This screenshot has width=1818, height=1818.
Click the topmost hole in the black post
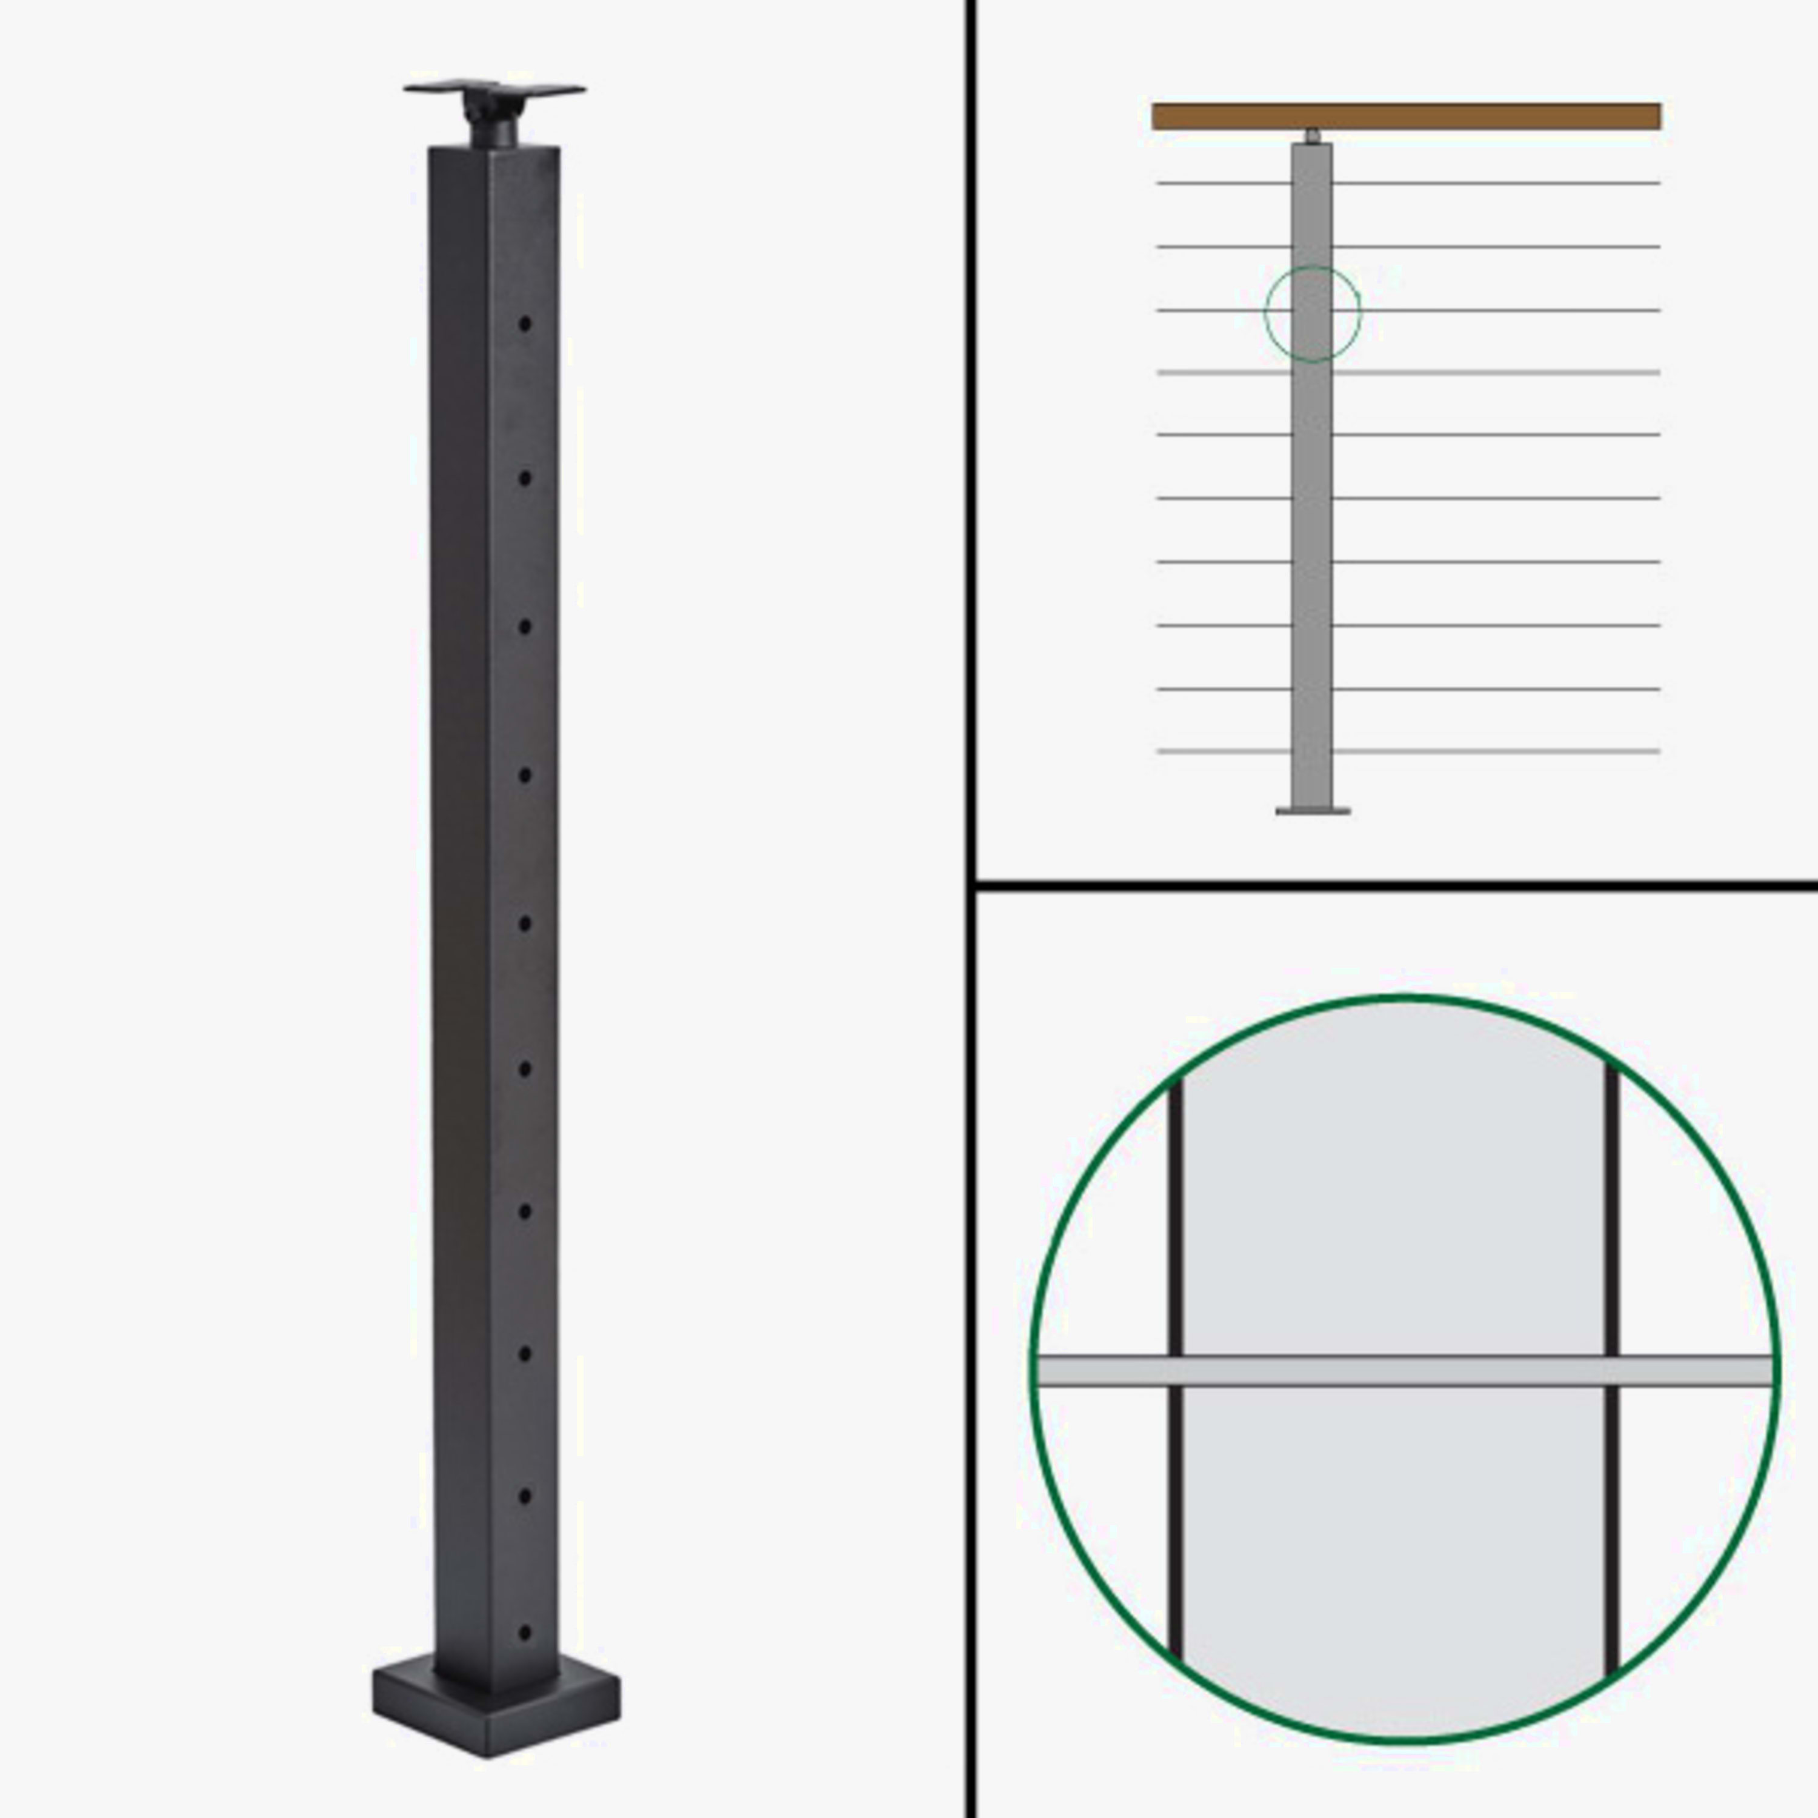[525, 324]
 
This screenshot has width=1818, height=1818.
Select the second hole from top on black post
[525, 478]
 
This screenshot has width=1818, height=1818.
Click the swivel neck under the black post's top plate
[492, 122]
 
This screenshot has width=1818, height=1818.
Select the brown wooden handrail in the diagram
[1406, 117]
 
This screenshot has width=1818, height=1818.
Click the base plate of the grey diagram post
[1313, 809]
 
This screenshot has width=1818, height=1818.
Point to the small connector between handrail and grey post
[1313, 136]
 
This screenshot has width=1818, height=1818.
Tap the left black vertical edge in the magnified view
[1174, 1224]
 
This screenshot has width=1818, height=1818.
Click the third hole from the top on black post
[525, 627]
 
